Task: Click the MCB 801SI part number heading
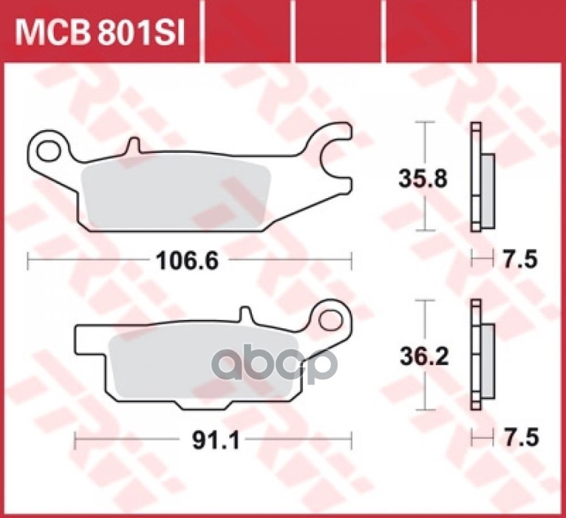(x=100, y=32)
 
